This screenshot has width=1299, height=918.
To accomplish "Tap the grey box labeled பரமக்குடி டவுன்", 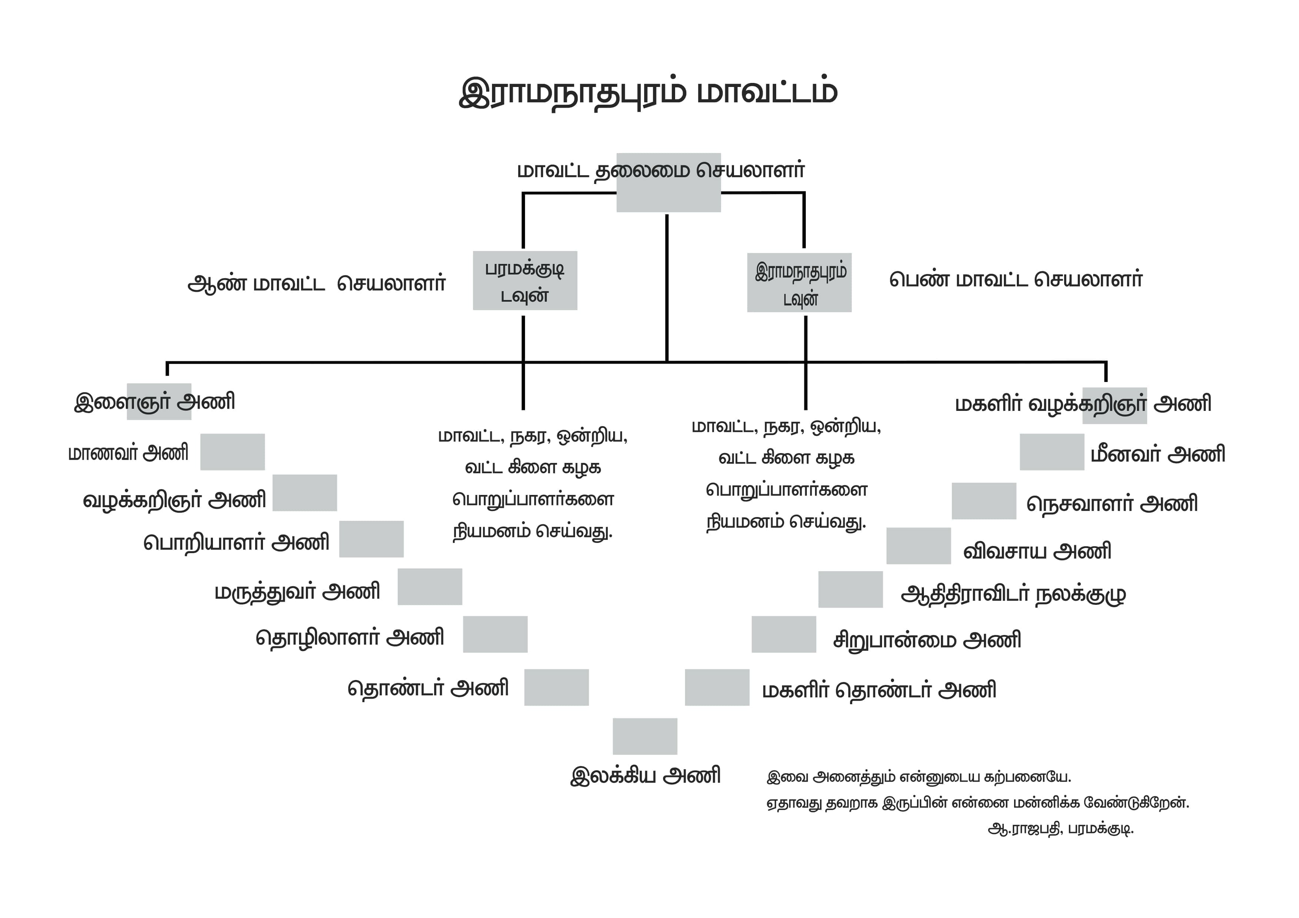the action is pyautogui.click(x=525, y=281).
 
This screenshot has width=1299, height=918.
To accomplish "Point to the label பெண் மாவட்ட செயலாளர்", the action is pyautogui.click(x=1016, y=279).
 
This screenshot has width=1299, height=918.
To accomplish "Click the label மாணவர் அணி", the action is pyautogui.click(x=128, y=453).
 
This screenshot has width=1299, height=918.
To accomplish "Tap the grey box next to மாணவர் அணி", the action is pyautogui.click(x=233, y=452).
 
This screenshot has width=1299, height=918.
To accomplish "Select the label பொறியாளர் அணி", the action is pyautogui.click(x=237, y=542).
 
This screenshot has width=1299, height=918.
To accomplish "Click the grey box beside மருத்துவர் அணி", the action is pyautogui.click(x=430, y=587).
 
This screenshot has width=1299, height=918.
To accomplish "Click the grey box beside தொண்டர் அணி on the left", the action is pyautogui.click(x=557, y=687).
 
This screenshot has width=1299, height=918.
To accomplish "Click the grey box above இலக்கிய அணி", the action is pyautogui.click(x=645, y=737).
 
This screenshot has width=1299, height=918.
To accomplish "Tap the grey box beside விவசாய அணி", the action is pyautogui.click(x=919, y=546).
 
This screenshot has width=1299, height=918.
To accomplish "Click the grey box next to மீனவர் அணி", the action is pyautogui.click(x=1052, y=452).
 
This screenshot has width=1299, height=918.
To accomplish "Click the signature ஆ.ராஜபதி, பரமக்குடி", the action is pyautogui.click(x=1061, y=829).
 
